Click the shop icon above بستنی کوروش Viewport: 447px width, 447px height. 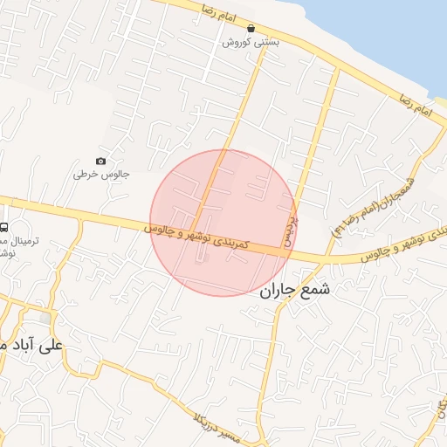click(251, 29)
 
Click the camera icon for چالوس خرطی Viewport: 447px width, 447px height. click(101, 161)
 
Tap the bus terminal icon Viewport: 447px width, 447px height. click(4, 228)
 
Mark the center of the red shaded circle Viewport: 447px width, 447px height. click(223, 223)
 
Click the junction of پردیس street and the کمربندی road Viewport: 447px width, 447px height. click(288, 253)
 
